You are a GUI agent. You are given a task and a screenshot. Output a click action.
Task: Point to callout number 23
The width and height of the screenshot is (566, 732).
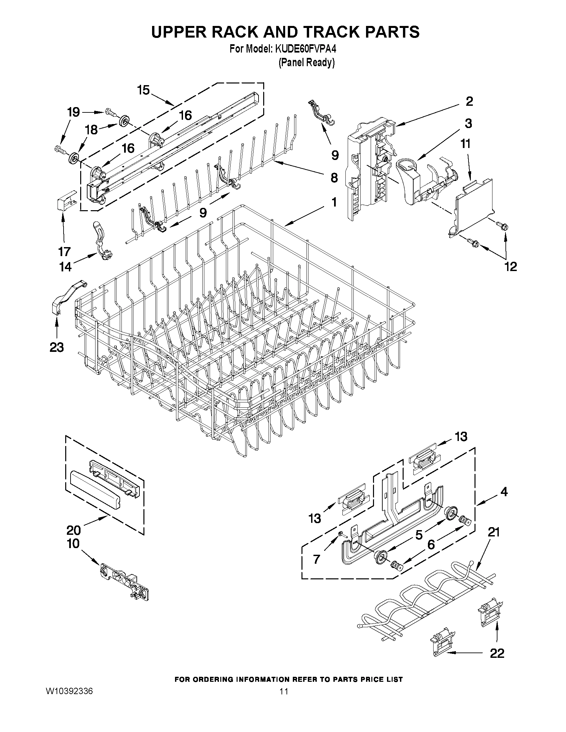click(57, 347)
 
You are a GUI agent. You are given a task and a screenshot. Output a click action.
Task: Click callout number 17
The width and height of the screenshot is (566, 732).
click(64, 251)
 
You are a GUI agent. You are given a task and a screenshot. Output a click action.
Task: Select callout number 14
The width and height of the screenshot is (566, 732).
click(66, 267)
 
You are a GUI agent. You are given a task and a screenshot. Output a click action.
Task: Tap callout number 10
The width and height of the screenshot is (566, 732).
click(73, 543)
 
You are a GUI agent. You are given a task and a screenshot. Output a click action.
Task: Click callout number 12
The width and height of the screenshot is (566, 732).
click(511, 266)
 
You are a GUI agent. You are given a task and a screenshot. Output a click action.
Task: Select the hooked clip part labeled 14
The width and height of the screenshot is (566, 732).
click(102, 241)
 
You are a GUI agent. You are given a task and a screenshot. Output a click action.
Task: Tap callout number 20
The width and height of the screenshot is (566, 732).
click(74, 530)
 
